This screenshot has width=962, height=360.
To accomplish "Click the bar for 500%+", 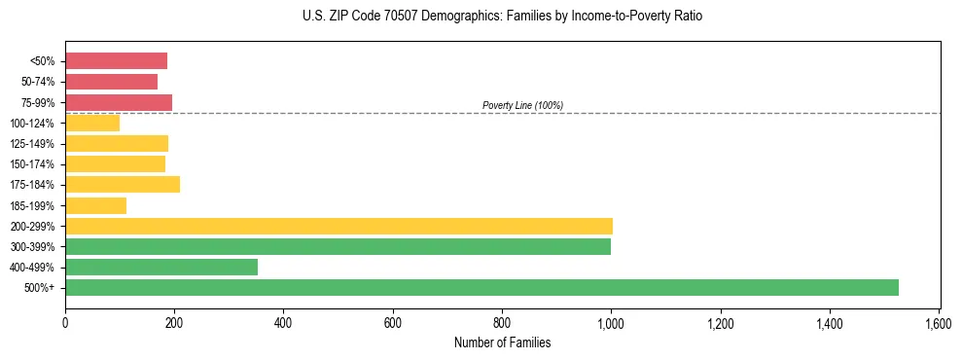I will click(x=481, y=287).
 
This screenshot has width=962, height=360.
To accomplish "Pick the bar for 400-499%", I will click(x=161, y=267).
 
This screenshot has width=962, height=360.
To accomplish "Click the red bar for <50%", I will click(x=116, y=60).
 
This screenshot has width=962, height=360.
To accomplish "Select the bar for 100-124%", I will click(x=92, y=123).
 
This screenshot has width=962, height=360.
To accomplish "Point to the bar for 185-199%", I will click(x=95, y=205).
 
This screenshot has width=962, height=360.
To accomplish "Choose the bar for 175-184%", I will click(x=123, y=184).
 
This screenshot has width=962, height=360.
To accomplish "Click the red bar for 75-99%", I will click(x=119, y=102).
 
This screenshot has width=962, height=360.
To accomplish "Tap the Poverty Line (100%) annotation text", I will click(x=522, y=105).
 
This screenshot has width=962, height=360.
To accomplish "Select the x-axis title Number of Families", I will click(x=502, y=342).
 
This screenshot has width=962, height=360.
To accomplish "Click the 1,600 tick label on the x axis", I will click(x=939, y=323).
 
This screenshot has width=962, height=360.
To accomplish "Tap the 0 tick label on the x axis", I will click(x=65, y=323).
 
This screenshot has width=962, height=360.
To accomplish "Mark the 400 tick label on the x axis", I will click(x=283, y=323).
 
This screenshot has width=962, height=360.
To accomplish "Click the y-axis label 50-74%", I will click(x=38, y=82).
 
